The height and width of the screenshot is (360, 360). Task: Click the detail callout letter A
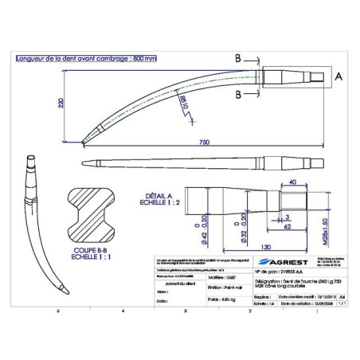339,78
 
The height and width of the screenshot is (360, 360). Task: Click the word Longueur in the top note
34,59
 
